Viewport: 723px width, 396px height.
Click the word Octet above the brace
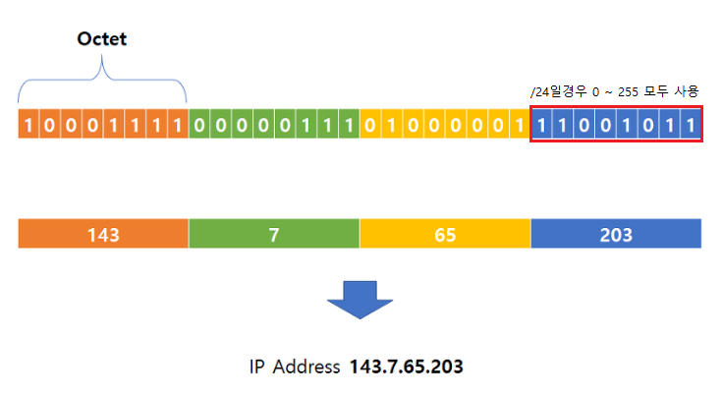click(x=102, y=40)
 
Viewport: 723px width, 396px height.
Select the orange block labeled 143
click(x=103, y=235)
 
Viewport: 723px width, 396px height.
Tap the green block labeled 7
click(x=274, y=235)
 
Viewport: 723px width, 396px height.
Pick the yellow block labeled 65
click(x=445, y=235)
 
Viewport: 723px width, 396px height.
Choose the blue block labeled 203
click(x=616, y=235)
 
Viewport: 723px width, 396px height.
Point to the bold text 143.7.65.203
click(x=406, y=367)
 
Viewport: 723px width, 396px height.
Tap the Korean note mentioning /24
click(x=614, y=91)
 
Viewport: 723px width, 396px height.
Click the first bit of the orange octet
click(x=28, y=126)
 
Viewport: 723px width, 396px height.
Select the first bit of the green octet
click(x=199, y=126)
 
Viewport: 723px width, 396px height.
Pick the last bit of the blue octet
click(x=690, y=126)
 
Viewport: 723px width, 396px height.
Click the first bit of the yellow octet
click(x=370, y=126)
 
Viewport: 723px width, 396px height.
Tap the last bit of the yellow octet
click(x=520, y=126)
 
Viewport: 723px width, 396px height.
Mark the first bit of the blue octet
click(x=541, y=126)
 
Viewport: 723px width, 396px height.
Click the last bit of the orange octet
click(x=178, y=126)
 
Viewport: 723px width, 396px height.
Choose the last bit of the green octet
click(x=349, y=126)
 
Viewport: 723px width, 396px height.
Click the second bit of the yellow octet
click(x=392, y=126)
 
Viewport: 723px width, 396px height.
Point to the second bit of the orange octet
click(x=50, y=126)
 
